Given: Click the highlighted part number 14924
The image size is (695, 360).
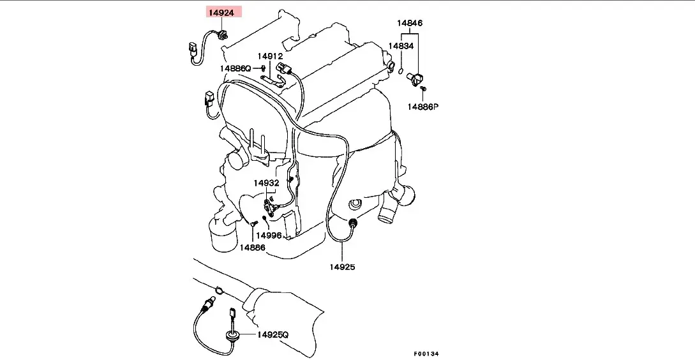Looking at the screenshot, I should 220,12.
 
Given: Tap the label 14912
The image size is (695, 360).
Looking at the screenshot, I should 270,56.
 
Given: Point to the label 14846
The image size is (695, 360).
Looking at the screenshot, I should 410,23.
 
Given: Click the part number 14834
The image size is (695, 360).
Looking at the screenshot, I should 401,46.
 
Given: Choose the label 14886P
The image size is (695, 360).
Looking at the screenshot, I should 423,107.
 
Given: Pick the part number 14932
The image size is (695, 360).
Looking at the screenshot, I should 266,183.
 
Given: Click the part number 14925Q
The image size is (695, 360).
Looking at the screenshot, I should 273,334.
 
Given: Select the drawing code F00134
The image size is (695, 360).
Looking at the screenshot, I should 426,354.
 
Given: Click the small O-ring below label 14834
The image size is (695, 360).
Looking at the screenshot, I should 400,70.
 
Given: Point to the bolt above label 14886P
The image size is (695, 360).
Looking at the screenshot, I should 422,89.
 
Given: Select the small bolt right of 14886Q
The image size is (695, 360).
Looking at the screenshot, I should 263,68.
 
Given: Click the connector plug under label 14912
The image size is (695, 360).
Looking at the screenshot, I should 284,69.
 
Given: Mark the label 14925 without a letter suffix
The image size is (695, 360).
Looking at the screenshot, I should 343,266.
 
